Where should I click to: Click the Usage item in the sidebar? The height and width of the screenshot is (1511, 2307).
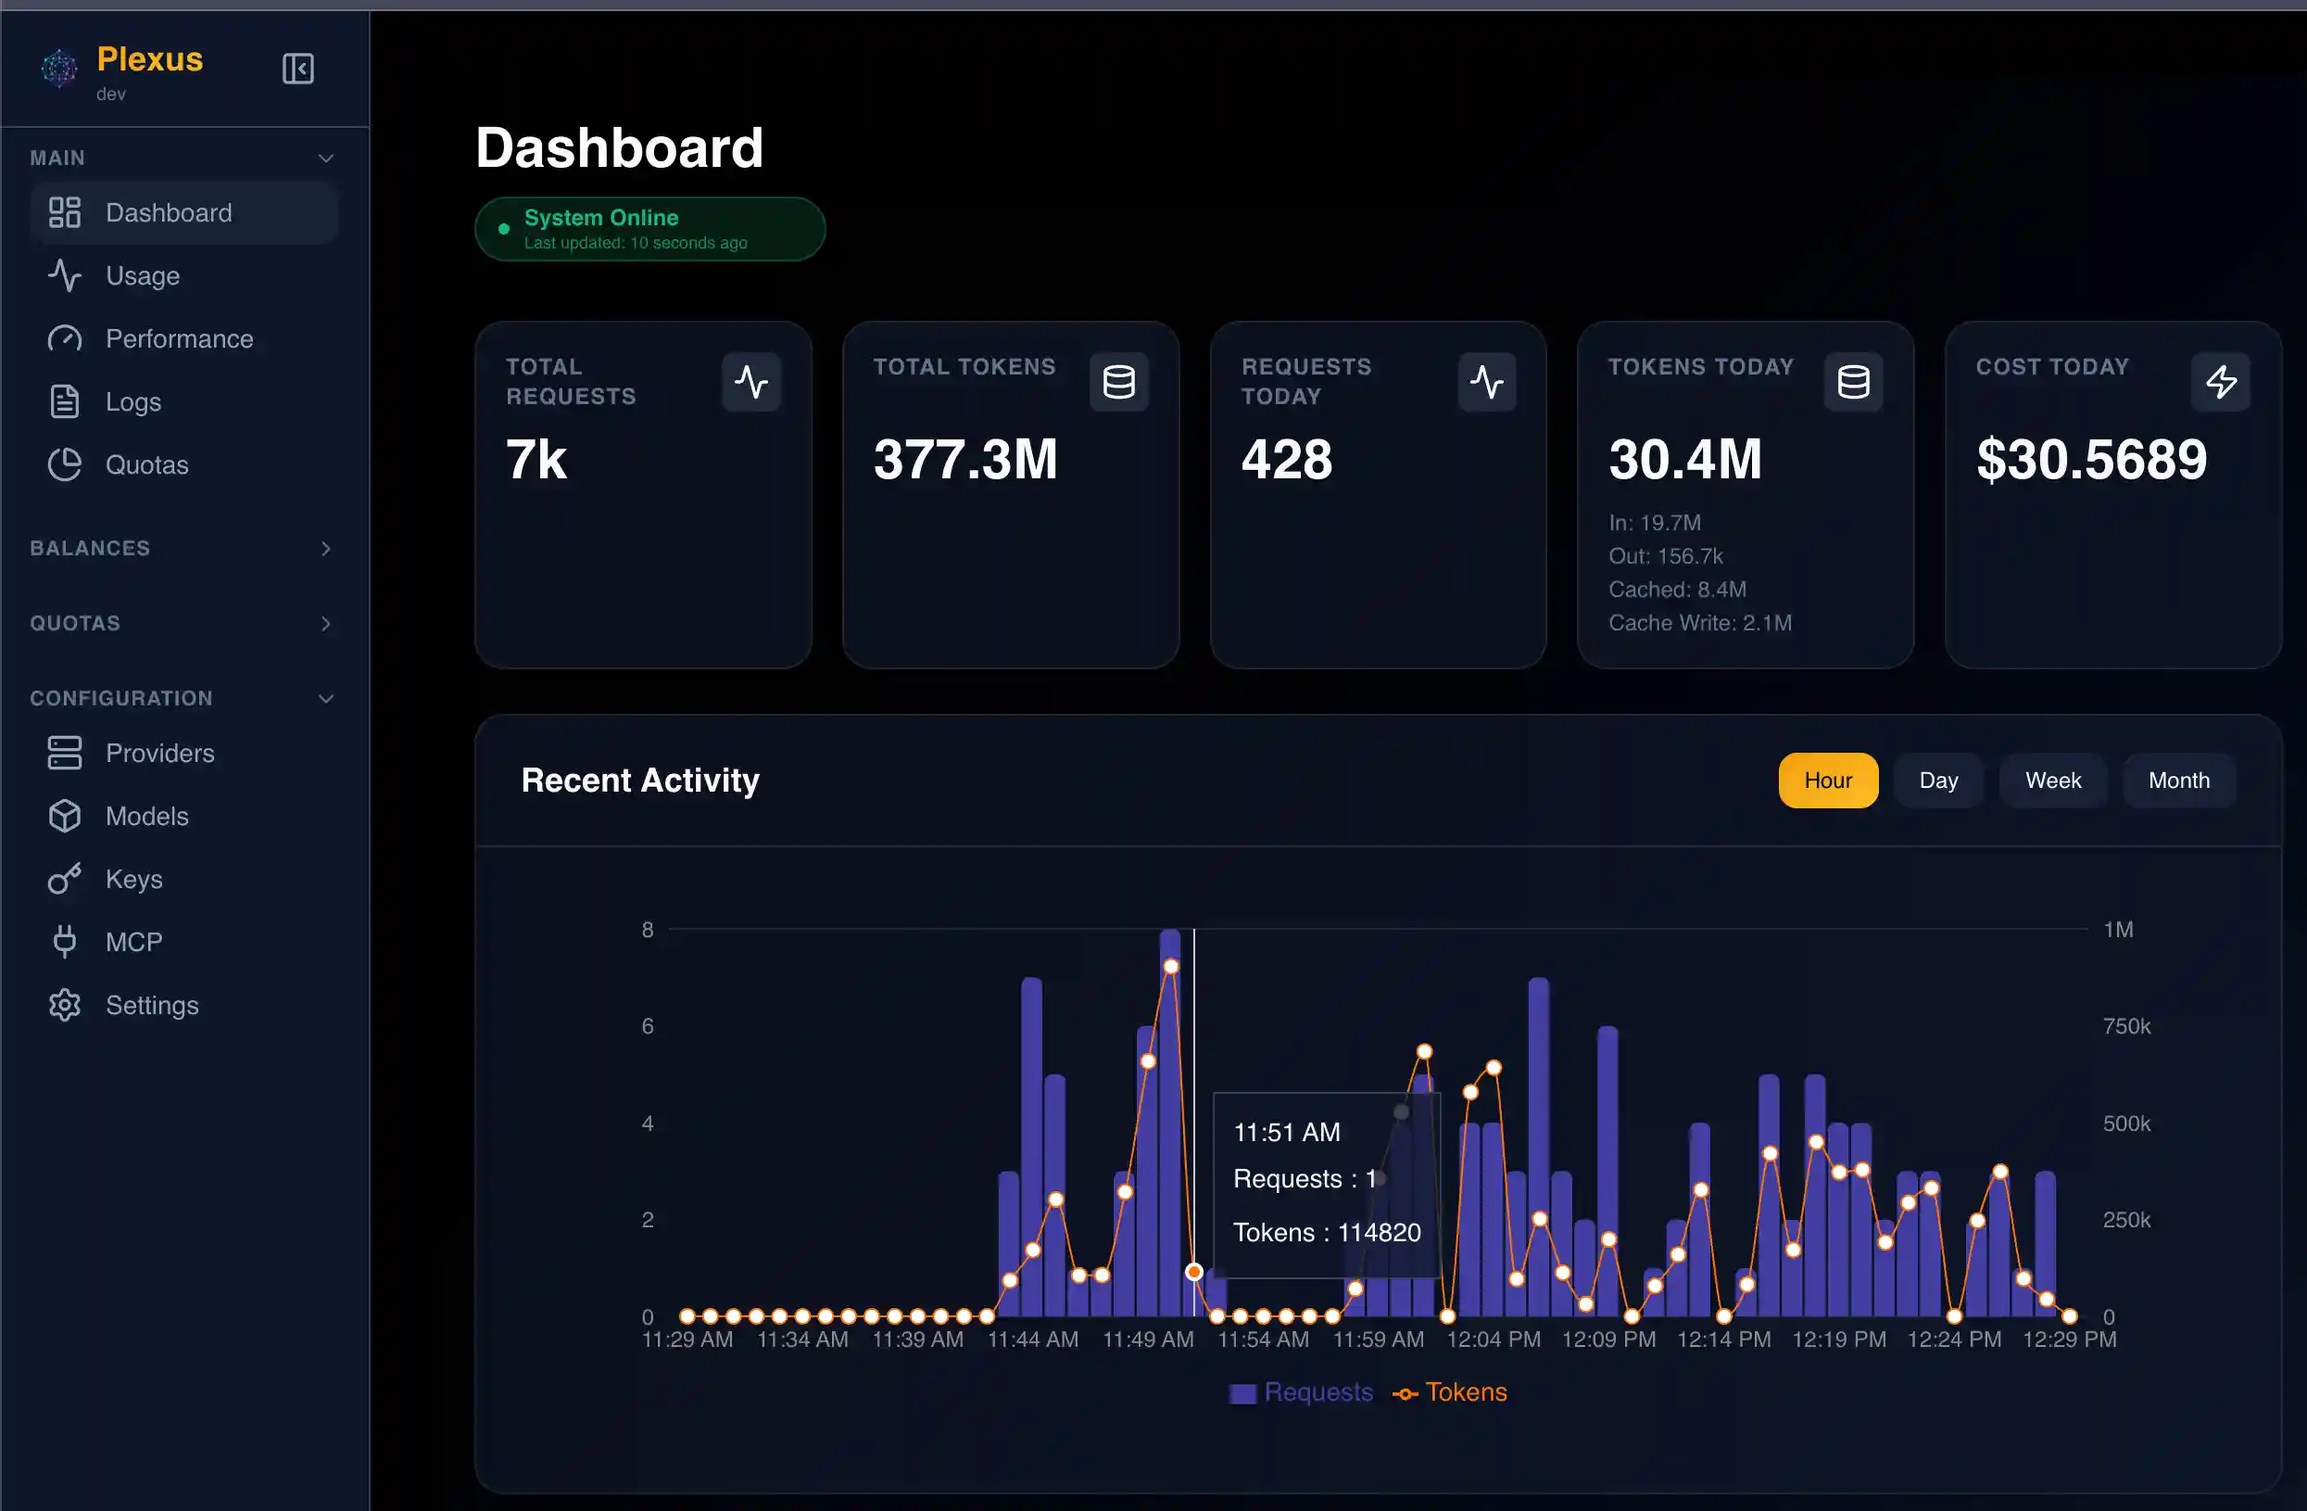(x=142, y=276)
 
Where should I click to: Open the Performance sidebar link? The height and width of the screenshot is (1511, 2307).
(x=179, y=339)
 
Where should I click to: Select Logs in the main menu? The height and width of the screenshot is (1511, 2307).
(x=132, y=402)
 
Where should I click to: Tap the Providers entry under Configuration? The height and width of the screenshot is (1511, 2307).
(x=159, y=754)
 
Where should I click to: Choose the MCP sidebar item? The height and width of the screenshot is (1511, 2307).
(x=132, y=943)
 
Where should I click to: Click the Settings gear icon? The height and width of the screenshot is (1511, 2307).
(x=65, y=1006)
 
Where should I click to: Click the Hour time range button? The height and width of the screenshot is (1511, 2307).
(x=1827, y=781)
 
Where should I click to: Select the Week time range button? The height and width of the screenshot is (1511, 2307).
(x=2052, y=781)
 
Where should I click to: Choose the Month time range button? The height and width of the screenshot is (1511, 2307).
(x=2178, y=781)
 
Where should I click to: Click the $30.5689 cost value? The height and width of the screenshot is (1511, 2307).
(x=2091, y=460)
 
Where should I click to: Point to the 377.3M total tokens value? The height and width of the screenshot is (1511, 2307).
(x=964, y=460)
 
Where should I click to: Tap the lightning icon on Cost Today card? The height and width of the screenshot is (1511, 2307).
(x=2220, y=382)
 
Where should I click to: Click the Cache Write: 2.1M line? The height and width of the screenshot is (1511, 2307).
(x=1699, y=624)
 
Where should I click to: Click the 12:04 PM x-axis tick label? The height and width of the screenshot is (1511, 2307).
(x=1493, y=1340)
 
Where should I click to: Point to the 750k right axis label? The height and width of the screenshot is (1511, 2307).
(x=2125, y=1026)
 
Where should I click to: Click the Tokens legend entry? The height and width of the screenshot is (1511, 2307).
(x=1450, y=1392)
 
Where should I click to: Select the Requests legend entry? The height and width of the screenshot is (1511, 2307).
(x=1302, y=1392)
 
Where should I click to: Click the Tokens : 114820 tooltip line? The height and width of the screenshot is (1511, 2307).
(x=1326, y=1233)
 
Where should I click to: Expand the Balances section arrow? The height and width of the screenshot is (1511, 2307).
(x=326, y=549)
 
